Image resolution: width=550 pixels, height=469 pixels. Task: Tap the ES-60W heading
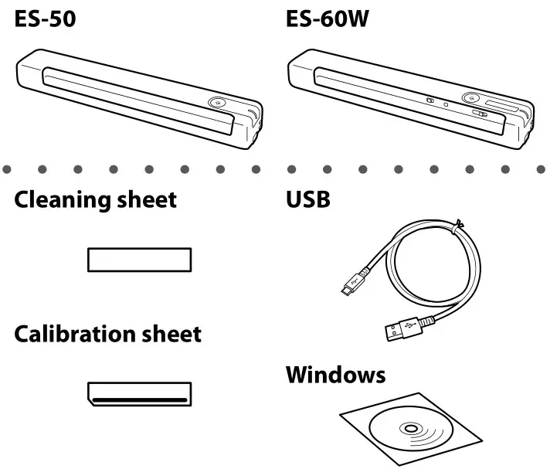click(326, 18)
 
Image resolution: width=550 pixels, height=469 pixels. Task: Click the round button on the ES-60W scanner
click(469, 99)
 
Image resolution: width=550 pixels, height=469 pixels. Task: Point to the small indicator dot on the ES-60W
click(445, 101)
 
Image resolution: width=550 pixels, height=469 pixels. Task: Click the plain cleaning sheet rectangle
click(139, 260)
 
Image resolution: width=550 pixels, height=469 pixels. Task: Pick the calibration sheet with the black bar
click(139, 393)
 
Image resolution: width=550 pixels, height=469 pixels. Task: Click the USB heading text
click(308, 201)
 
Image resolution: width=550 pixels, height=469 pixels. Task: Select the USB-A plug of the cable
click(401, 331)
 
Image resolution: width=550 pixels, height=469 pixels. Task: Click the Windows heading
click(335, 376)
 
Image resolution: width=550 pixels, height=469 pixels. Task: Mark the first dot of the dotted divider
click(7, 167)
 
